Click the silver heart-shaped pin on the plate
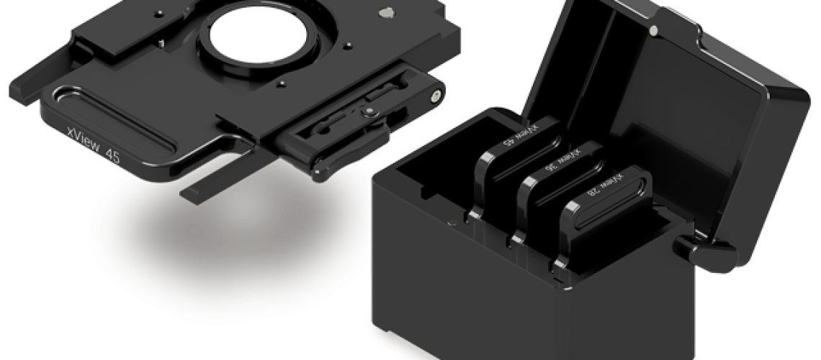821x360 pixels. pos(387,12)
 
